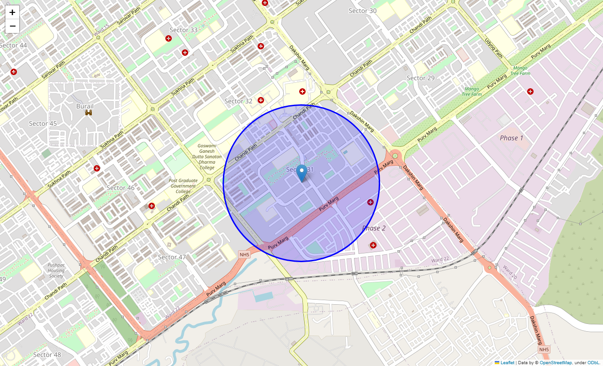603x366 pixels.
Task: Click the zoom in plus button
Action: tap(12, 12)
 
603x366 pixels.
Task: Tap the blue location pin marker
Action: tap(301, 173)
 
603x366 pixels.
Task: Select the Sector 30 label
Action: tap(363, 11)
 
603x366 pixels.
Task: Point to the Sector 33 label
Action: tap(184, 30)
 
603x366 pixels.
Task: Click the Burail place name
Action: tap(85, 106)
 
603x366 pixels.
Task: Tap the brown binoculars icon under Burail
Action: tap(89, 113)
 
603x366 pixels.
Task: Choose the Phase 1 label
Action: tap(512, 138)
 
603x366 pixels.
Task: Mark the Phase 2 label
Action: tap(374, 228)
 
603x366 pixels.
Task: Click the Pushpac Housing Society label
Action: tap(57, 270)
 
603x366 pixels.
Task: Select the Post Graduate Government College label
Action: tap(183, 186)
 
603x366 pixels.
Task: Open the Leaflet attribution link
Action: tap(507, 362)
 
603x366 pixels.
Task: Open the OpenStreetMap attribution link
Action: tap(555, 362)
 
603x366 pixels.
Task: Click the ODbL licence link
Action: tap(593, 362)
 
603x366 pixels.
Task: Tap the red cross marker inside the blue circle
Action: tap(370, 202)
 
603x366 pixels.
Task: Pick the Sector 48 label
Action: tap(47, 355)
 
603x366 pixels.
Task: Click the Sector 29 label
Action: tap(421, 78)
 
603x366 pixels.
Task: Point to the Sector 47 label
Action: tap(172, 257)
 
